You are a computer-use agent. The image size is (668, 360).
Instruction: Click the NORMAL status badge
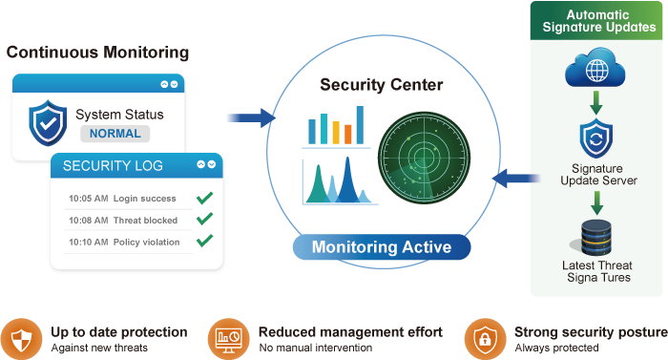click(x=115, y=134)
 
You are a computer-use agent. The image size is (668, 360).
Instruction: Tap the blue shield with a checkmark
click(x=48, y=123)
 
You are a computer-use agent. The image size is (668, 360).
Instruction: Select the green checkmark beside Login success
click(x=205, y=198)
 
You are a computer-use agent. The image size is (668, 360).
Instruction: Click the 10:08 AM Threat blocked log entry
click(x=123, y=220)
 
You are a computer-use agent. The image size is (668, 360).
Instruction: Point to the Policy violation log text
click(x=146, y=242)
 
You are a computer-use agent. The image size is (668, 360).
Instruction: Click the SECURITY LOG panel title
click(x=113, y=165)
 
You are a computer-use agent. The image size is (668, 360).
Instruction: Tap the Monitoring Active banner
click(x=382, y=247)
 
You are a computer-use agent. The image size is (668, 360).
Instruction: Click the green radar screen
click(x=425, y=158)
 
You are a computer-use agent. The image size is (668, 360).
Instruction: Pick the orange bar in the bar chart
click(x=348, y=134)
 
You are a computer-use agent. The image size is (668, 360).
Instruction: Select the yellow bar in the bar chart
click(x=336, y=132)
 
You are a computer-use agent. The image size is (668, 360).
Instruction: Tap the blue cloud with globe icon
click(x=595, y=68)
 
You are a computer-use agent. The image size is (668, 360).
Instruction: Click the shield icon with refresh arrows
click(x=596, y=138)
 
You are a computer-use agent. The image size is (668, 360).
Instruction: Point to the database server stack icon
click(x=596, y=237)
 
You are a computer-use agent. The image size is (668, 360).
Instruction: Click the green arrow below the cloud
click(x=596, y=102)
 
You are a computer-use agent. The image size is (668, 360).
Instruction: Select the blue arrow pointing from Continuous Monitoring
click(x=251, y=118)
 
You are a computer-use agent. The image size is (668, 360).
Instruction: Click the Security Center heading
click(x=382, y=84)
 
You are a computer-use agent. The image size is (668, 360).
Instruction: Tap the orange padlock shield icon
click(x=485, y=339)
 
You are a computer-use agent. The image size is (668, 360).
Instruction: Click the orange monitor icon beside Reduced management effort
click(x=229, y=339)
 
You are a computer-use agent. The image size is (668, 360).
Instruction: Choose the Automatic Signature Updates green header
click(x=596, y=20)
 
